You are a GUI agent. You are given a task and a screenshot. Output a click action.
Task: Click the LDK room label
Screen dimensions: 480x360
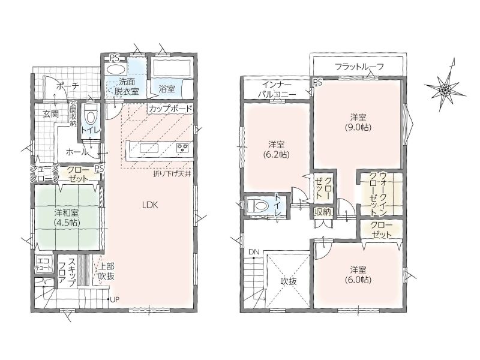tap(150, 205)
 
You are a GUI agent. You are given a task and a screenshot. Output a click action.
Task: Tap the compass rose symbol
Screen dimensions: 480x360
tap(445, 89)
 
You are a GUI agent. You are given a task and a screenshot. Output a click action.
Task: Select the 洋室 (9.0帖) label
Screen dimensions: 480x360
tap(358, 122)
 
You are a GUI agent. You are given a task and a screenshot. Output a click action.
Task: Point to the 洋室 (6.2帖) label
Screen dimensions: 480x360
tap(276, 149)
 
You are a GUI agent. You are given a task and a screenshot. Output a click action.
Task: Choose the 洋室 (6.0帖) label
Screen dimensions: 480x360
tap(358, 275)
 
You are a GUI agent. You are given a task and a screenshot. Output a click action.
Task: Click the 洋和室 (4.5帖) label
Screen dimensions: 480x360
tap(67, 217)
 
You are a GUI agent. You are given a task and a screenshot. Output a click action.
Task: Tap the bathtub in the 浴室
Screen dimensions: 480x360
tap(172, 68)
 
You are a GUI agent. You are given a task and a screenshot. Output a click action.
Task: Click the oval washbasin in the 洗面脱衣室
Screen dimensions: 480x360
tap(115, 68)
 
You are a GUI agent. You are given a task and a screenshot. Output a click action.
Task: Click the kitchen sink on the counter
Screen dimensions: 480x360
tap(149, 148)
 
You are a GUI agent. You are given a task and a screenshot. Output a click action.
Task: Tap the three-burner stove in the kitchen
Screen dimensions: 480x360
tap(183, 148)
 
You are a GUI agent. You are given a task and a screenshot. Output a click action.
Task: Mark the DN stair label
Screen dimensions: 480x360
tap(254, 252)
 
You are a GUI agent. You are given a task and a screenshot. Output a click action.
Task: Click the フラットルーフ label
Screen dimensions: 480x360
tap(359, 66)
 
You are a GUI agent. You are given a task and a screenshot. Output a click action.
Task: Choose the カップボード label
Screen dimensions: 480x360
tap(170, 109)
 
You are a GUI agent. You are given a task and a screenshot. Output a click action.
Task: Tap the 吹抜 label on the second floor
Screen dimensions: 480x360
tap(289, 281)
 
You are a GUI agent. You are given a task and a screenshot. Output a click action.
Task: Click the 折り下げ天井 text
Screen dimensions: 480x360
tap(172, 175)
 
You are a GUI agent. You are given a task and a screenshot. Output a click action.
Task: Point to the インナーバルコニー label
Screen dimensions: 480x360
tap(277, 89)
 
